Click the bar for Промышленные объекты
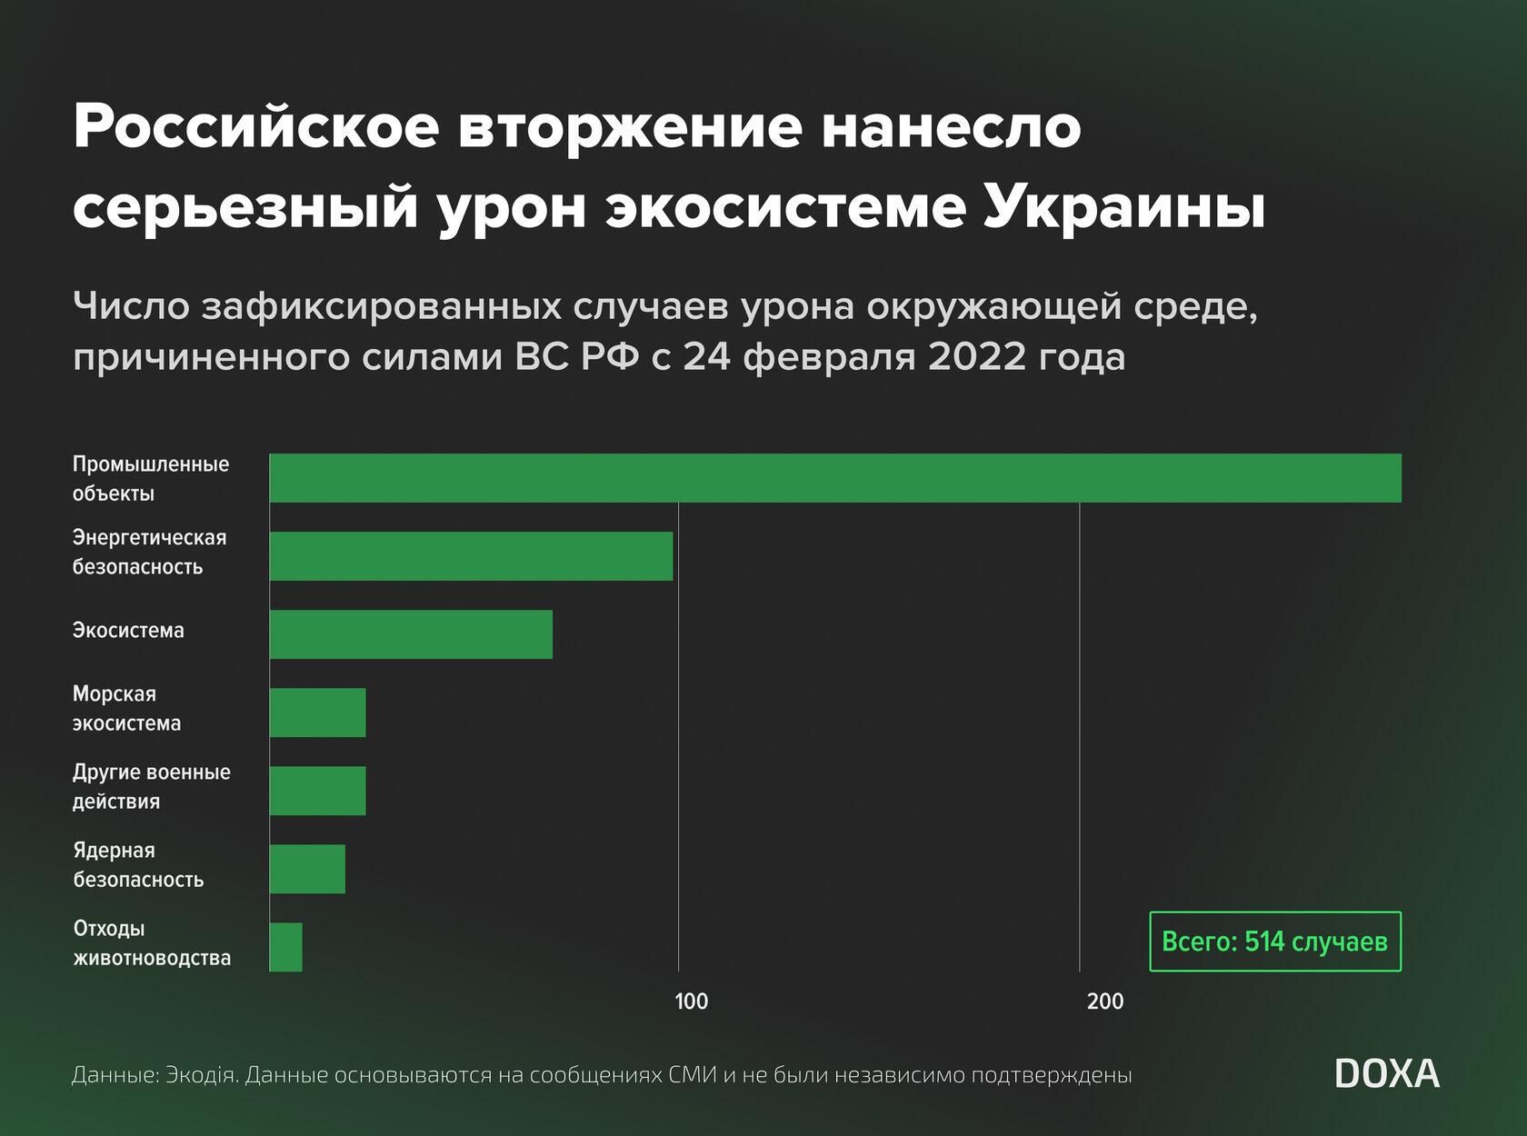click(x=834, y=478)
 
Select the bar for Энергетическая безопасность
click(x=471, y=556)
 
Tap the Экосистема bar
click(x=411, y=634)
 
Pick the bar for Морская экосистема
click(x=317, y=712)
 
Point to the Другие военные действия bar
click(x=317, y=791)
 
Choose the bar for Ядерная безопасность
click(x=307, y=869)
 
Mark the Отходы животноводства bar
click(x=286, y=947)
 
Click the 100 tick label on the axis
click(x=691, y=1001)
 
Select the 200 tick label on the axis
click(x=1105, y=1001)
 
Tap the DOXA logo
click(x=1387, y=1074)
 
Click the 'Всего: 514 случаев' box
click(x=1274, y=942)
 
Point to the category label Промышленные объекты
click(x=151, y=479)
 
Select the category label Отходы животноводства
click(x=152, y=943)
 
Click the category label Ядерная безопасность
click(x=138, y=865)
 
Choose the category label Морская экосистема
click(x=126, y=709)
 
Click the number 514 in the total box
click(x=1264, y=942)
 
